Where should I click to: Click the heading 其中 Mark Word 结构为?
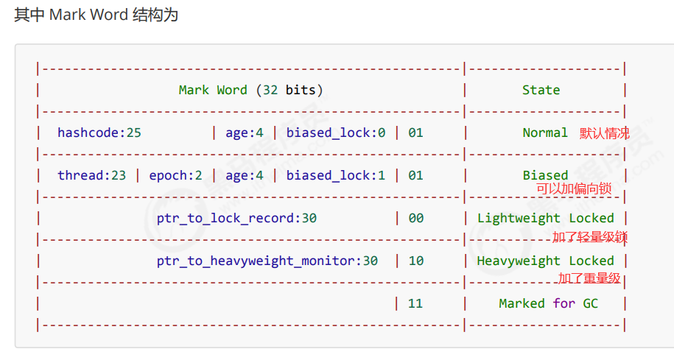[96, 15]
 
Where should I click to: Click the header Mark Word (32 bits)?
[250, 91]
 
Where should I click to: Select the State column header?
[541, 91]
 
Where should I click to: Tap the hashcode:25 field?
[99, 133]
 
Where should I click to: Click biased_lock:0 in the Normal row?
[336, 133]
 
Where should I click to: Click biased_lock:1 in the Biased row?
[336, 175]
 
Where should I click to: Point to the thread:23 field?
[91, 175]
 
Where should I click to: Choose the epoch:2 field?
[175, 176]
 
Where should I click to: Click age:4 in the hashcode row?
[244, 133]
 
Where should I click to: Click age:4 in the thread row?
[244, 176]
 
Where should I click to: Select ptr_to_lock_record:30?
[236, 218]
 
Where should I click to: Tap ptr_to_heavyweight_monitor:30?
[267, 261]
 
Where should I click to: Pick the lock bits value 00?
[415, 218]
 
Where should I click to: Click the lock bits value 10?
[415, 261]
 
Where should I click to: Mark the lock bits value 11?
[415, 303]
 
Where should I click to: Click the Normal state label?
[545, 133]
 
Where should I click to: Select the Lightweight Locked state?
[546, 218]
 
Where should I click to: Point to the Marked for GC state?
[549, 303]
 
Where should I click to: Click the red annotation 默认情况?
[604, 133]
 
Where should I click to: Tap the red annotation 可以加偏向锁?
[574, 188]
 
